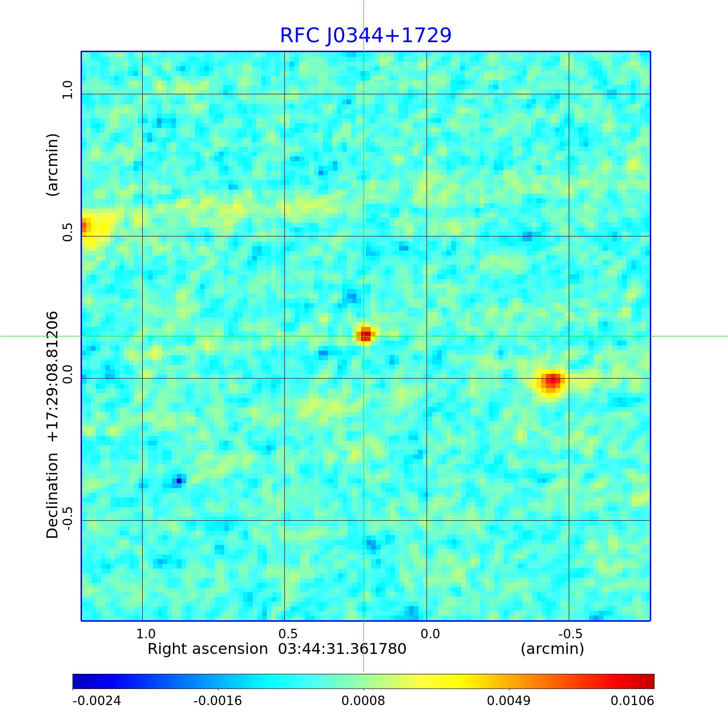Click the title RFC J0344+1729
point(365,36)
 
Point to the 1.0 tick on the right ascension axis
point(146,634)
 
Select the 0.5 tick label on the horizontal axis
point(288,634)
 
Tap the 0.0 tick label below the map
point(430,634)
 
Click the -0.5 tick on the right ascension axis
point(570,634)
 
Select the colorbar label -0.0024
point(97,700)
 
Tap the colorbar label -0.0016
point(218,700)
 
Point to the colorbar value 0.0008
point(363,700)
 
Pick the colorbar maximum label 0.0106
point(632,700)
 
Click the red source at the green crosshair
point(364,335)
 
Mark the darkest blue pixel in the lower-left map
point(179,481)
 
